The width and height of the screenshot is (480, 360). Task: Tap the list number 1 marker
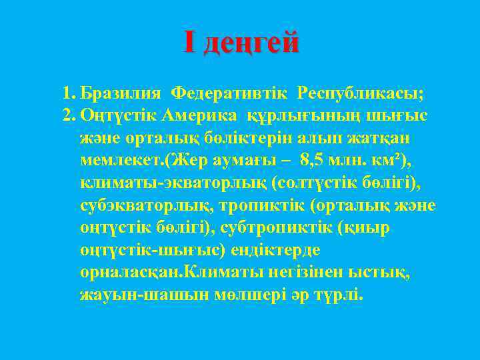[68, 91]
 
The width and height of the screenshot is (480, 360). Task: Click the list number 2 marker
[68, 115]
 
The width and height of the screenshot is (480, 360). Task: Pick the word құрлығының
[300, 116]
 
